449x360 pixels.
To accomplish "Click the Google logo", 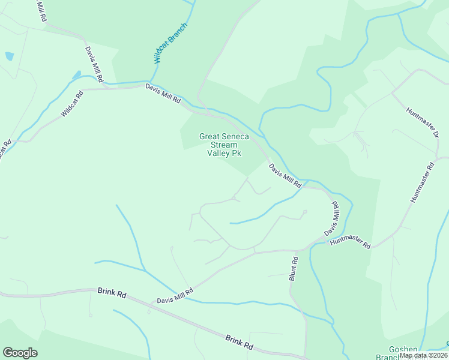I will coord(20,353).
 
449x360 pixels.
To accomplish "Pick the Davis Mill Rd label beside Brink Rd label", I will coord(175,296).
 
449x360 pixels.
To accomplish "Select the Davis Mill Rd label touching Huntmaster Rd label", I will coord(331,219).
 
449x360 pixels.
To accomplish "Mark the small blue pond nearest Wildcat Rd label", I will coord(76,75).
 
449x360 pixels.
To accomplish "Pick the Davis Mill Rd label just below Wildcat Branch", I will coord(163,95).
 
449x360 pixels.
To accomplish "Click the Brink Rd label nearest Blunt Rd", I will coord(239,342).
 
